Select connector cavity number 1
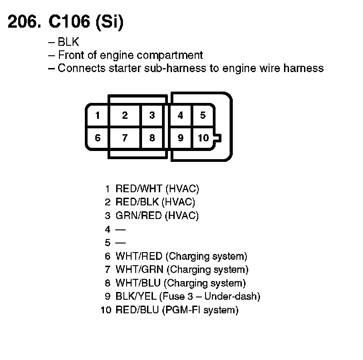pos(98,115)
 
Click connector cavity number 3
pos(152,115)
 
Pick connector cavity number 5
pos(203,115)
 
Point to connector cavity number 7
pos(125,138)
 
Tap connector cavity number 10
pos(203,138)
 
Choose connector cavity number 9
pos(180,138)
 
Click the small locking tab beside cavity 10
pos(218,138)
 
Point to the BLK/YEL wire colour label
pos(137,297)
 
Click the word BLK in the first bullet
pos(69,42)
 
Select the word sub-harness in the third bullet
pos(161,68)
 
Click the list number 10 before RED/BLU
pos(106,311)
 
